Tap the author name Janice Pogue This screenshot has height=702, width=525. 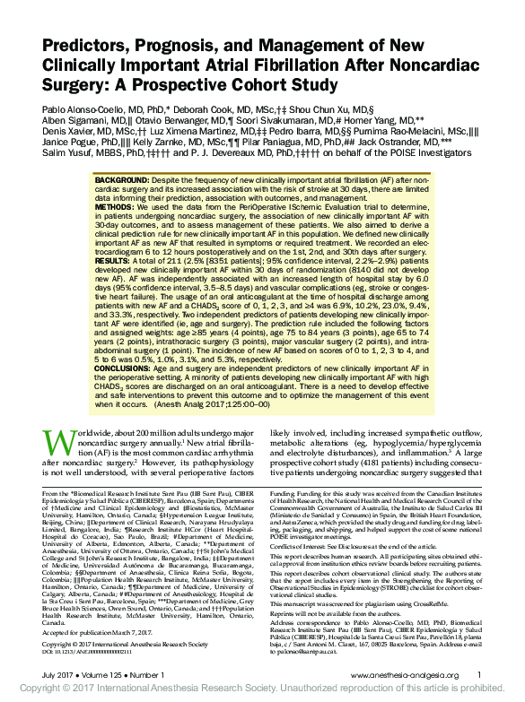65,142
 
